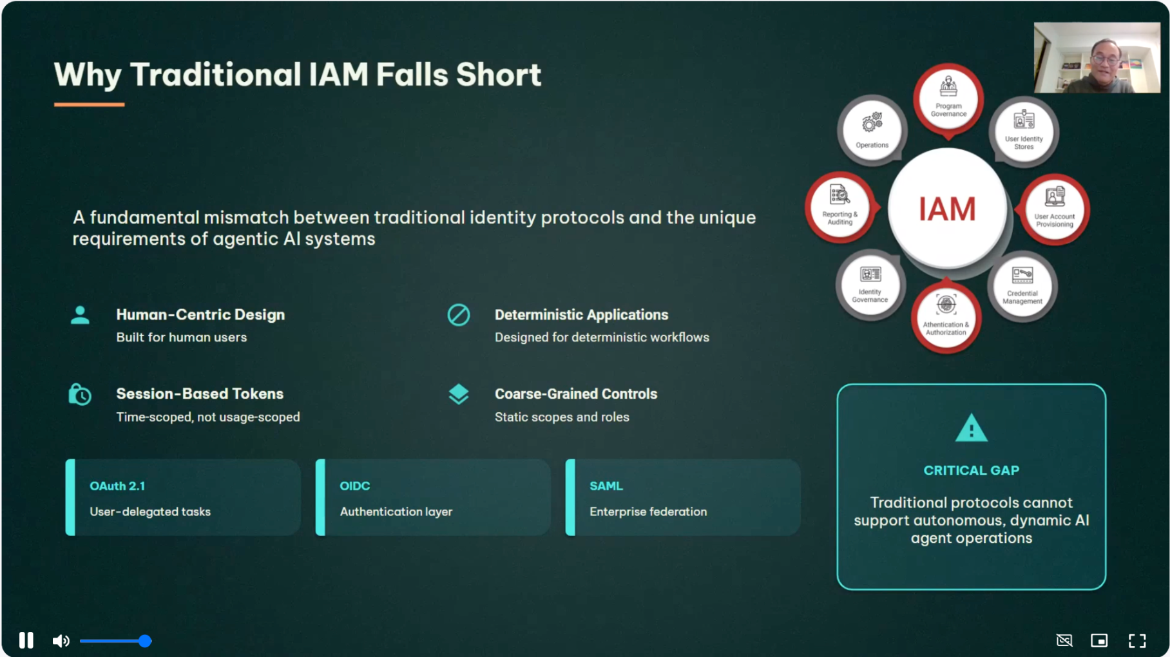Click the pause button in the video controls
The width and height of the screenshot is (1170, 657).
(26, 640)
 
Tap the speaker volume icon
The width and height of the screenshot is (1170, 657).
(61, 641)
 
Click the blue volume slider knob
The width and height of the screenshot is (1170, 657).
(145, 641)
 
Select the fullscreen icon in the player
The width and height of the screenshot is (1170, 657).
(1137, 640)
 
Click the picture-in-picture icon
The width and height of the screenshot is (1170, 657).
(1099, 640)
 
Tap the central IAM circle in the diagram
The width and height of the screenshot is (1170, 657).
(946, 209)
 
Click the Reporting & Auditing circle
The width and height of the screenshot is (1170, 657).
(840, 207)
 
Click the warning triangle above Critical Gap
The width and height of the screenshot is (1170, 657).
(971, 429)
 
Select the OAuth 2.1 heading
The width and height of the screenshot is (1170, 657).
(117, 486)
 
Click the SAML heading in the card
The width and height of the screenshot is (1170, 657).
(606, 486)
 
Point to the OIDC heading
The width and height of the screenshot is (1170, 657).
(355, 486)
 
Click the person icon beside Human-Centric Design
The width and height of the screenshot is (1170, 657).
(80, 315)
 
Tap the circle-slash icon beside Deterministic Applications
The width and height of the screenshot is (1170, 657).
(459, 315)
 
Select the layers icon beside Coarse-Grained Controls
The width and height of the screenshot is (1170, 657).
(459, 394)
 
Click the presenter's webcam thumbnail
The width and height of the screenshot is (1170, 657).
(1097, 58)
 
